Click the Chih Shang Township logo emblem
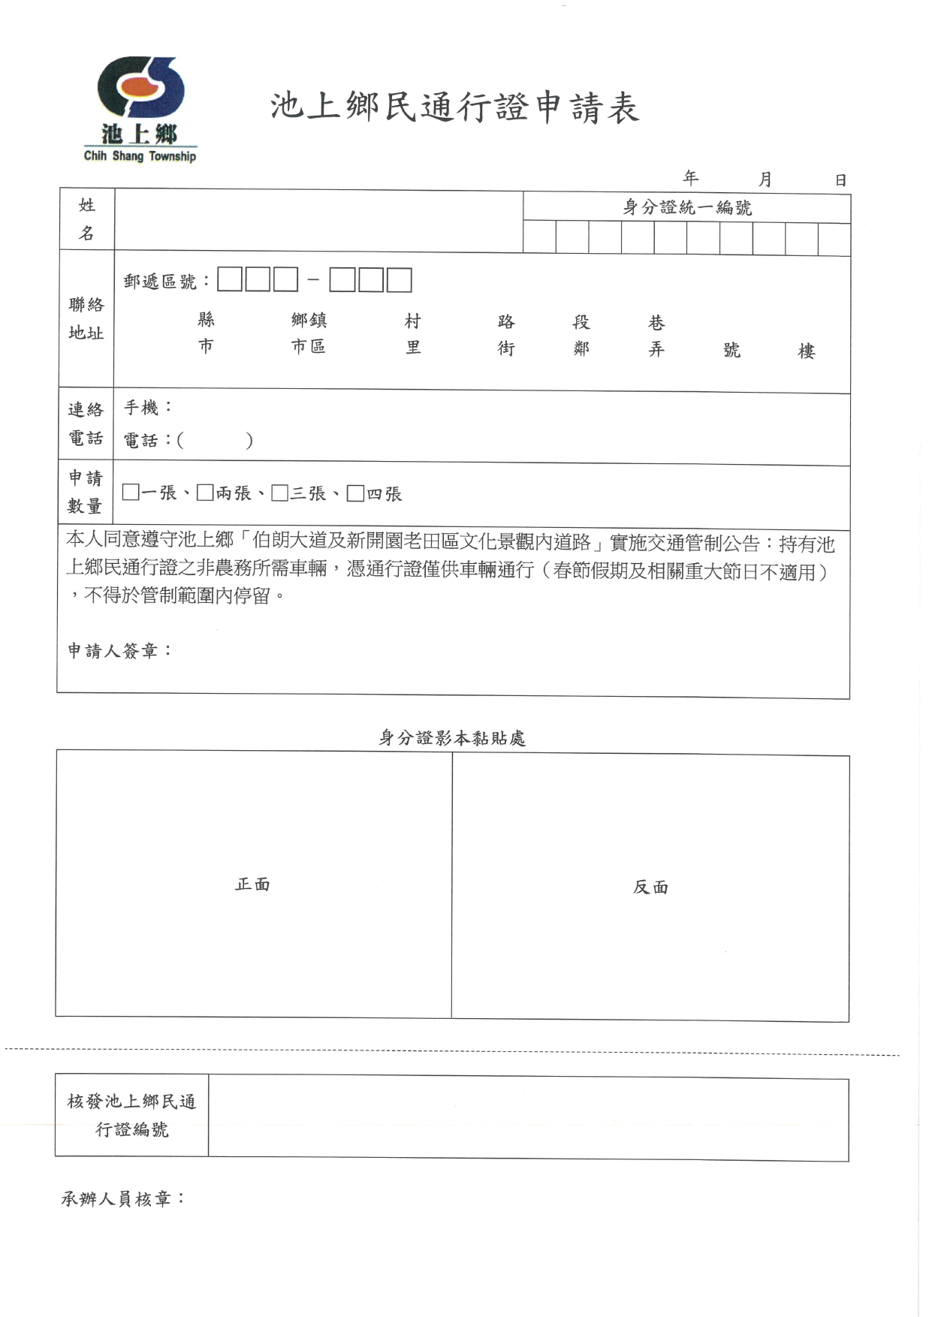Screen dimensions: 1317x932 click(x=140, y=90)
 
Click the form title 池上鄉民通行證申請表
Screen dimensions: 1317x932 click(x=455, y=107)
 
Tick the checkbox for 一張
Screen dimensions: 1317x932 click(x=131, y=493)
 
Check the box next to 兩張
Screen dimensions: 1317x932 click(x=205, y=493)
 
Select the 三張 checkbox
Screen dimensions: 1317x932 click(x=280, y=493)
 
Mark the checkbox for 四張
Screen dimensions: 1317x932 click(x=355, y=493)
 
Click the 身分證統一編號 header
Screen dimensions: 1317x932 click(x=687, y=207)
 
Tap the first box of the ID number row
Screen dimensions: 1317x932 click(x=539, y=238)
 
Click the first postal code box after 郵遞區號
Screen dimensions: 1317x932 click(x=230, y=280)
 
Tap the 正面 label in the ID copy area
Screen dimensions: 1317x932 click(x=252, y=885)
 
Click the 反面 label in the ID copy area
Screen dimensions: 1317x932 click(x=650, y=888)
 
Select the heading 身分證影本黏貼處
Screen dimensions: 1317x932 click(x=452, y=738)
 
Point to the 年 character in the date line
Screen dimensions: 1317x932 click(x=691, y=178)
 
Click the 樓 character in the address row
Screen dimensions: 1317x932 click(x=807, y=351)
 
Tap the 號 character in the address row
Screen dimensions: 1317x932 click(x=731, y=350)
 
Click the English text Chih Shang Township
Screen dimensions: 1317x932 click(x=140, y=156)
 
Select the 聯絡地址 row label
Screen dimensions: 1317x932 click(x=86, y=318)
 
